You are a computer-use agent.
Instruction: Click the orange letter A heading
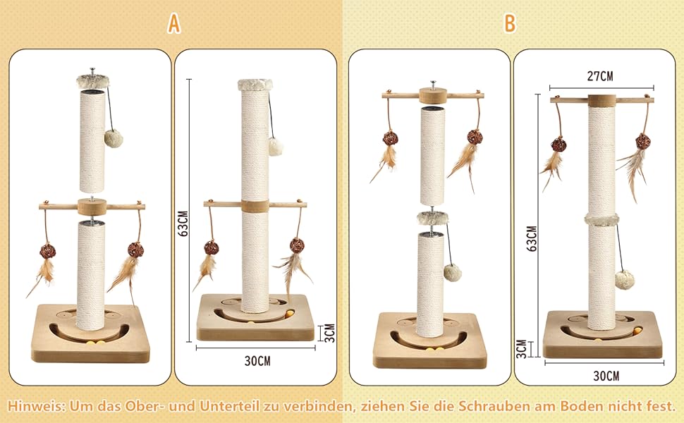click(173, 23)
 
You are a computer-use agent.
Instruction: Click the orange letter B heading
click(510, 23)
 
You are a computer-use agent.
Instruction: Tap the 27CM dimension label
click(600, 76)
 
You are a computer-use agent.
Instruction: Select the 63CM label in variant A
click(183, 223)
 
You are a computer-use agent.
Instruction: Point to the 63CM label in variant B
click(532, 238)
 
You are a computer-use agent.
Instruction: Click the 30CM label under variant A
click(257, 361)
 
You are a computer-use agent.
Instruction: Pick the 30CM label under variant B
click(606, 376)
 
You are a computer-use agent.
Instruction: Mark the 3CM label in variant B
click(522, 349)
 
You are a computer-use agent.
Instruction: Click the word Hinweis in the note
click(36, 406)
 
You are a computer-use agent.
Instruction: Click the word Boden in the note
click(586, 406)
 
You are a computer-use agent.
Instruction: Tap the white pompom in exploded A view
click(114, 138)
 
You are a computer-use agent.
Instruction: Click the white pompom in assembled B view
click(625, 279)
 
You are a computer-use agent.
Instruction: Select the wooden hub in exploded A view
click(92, 207)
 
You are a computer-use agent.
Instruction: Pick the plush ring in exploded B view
click(433, 217)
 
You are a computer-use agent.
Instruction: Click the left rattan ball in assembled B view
click(558, 144)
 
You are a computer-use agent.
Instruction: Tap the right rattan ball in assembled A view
click(297, 245)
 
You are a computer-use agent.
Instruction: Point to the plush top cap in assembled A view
click(255, 85)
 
